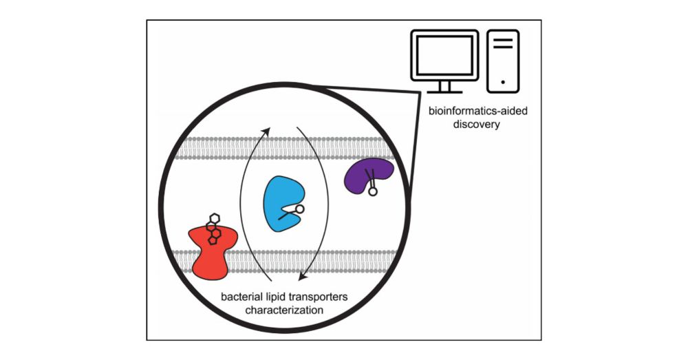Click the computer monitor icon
click(441, 59)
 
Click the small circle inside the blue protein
click(300, 209)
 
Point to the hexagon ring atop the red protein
click(213, 218)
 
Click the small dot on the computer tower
click(503, 81)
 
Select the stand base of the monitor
click(441, 90)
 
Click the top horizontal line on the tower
click(503, 39)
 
